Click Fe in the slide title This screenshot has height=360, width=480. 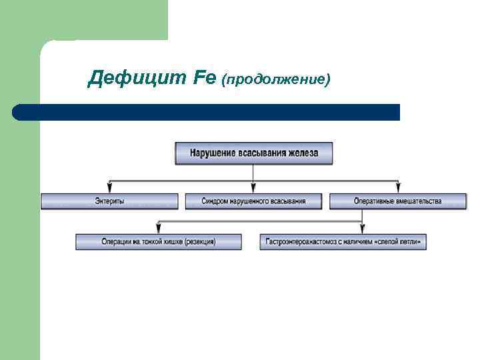pyautogui.click(x=203, y=79)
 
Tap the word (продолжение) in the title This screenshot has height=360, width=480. pyautogui.click(x=277, y=80)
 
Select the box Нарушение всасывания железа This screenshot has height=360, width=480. pyautogui.click(x=253, y=153)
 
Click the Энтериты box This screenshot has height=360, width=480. pyautogui.click(x=109, y=201)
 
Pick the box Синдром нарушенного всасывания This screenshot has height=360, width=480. pyautogui.click(x=253, y=201)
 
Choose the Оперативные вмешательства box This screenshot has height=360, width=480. pyautogui.click(x=397, y=201)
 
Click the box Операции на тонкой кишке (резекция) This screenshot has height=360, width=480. pyautogui.click(x=159, y=241)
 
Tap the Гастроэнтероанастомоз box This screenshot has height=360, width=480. pyautogui.click(x=343, y=241)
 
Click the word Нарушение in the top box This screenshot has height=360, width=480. pyautogui.click(x=213, y=153)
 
